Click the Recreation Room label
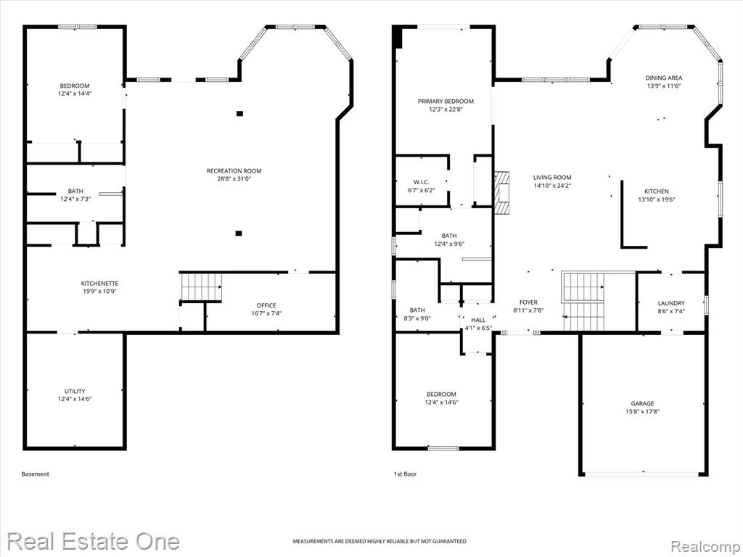[x=234, y=171]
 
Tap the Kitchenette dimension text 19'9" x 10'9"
[x=99, y=292]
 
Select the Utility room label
[x=75, y=391]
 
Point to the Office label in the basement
[x=266, y=305]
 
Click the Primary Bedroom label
[x=446, y=102]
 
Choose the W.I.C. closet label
[x=422, y=182]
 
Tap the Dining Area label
[x=664, y=78]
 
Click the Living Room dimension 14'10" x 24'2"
[x=552, y=186]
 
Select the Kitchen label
[x=656, y=191]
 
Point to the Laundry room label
[x=671, y=304]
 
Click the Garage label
[x=643, y=403]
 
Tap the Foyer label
[x=528, y=302]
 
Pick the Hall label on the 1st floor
[x=478, y=320]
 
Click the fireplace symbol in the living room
[x=502, y=193]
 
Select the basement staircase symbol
[x=202, y=287]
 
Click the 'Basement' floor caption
[x=35, y=474]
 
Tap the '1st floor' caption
[x=406, y=474]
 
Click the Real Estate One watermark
[x=94, y=541]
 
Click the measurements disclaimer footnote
[x=379, y=541]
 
